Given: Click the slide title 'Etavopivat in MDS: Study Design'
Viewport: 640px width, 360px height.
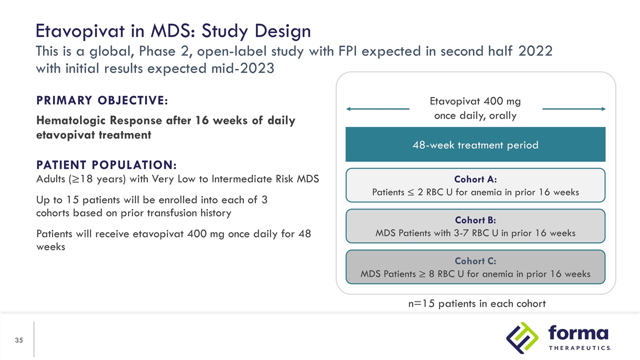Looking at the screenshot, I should [x=173, y=32].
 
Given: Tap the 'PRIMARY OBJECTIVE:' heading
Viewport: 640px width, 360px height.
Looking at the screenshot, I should [x=101, y=100].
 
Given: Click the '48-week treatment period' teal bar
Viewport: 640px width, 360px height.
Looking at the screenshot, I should [x=475, y=145].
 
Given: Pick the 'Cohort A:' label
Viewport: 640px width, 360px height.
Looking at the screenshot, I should [x=475, y=179].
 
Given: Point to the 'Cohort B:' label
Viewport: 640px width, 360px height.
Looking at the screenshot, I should [x=475, y=220].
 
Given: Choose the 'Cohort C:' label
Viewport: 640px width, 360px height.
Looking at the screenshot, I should [x=475, y=261].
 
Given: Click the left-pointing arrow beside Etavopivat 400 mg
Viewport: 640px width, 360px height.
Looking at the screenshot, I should [x=377, y=109].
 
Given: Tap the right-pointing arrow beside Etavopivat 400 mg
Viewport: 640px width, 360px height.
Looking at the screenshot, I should [x=574, y=109].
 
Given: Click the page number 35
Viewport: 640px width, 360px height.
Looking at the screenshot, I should [x=19, y=340].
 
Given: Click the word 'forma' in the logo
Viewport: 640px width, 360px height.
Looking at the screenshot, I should [x=578, y=333].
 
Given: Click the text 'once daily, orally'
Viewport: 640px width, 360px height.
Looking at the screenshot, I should [x=475, y=115].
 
